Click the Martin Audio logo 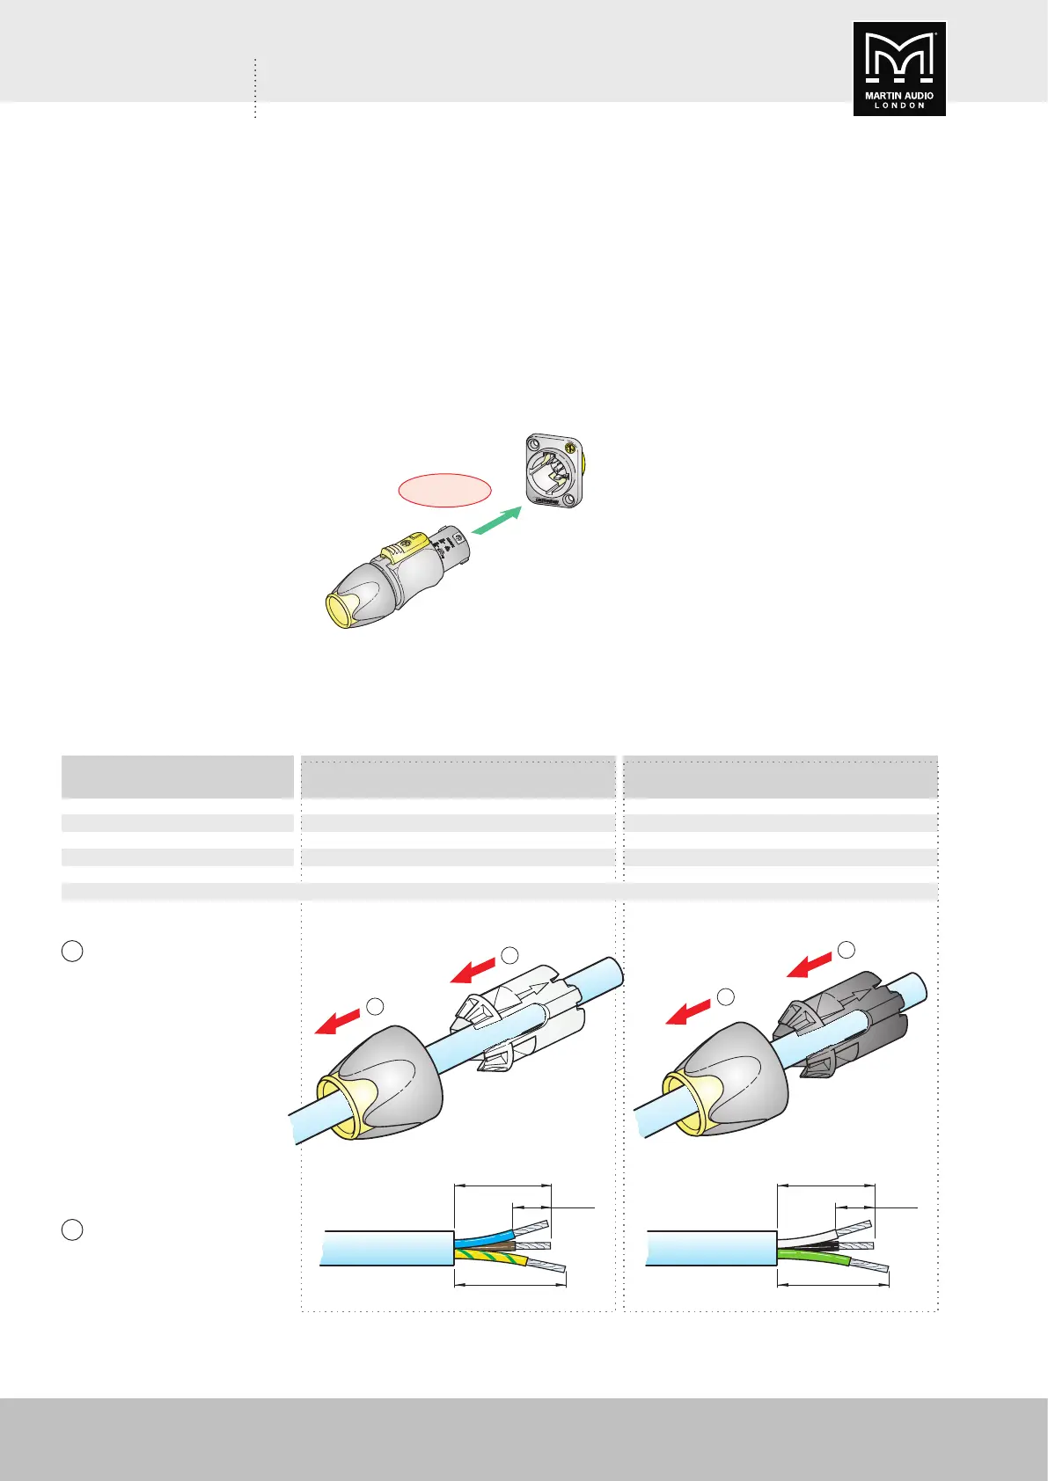899,69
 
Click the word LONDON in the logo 899,106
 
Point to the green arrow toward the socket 497,520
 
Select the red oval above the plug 444,490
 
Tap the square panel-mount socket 554,471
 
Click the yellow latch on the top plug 403,548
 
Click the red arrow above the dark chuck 810,965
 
